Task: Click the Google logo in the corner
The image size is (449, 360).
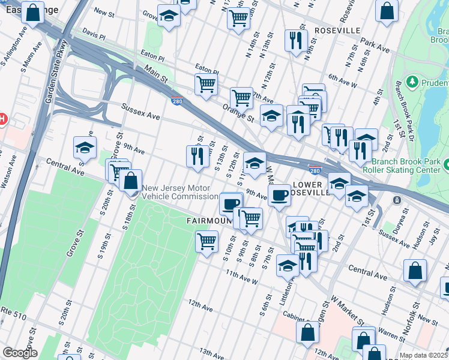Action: click(20, 353)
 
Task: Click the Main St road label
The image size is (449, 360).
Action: click(155, 76)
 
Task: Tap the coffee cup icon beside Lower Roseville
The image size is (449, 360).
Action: click(279, 195)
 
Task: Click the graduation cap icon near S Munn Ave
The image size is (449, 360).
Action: click(85, 148)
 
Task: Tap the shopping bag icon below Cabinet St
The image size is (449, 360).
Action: click(308, 331)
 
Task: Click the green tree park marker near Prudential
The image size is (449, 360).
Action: click(412, 81)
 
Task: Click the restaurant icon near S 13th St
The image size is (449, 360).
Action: click(197, 156)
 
